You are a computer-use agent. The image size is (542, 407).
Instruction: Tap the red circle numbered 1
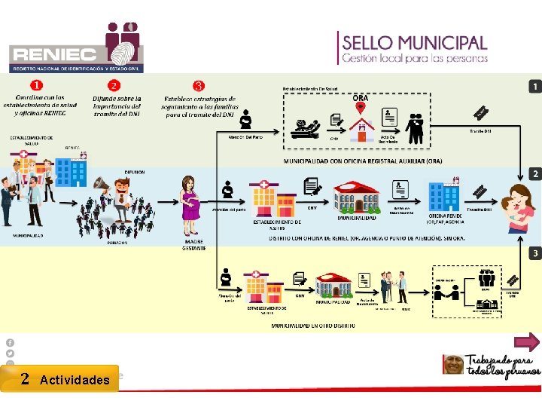pyautogui.click(x=36, y=85)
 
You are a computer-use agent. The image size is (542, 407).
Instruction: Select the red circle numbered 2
pyautogui.click(x=113, y=85)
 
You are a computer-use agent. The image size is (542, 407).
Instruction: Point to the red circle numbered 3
pyautogui.click(x=198, y=86)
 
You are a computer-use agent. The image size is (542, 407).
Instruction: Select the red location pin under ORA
pyautogui.click(x=361, y=108)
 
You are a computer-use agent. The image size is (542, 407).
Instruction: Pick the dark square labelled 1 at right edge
pyautogui.click(x=534, y=87)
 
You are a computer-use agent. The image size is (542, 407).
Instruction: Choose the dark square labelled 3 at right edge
pyautogui.click(x=534, y=253)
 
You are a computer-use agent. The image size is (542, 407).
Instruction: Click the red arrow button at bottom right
pyautogui.click(x=526, y=343)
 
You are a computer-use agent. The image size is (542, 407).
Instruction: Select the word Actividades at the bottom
pyautogui.click(x=75, y=380)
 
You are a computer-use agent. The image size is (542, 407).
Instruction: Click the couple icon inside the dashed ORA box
pyautogui.click(x=415, y=126)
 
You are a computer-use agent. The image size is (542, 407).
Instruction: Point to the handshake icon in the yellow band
pyautogui.click(x=447, y=295)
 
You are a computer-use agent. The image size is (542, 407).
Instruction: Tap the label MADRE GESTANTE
pyautogui.click(x=193, y=246)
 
